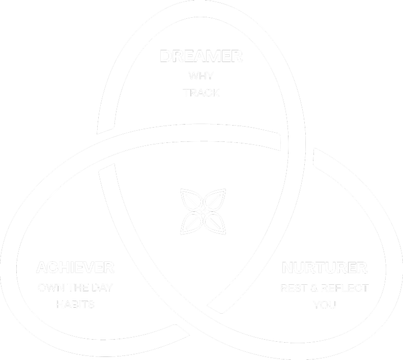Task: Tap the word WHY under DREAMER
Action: click(201, 76)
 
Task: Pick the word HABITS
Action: click(75, 305)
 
